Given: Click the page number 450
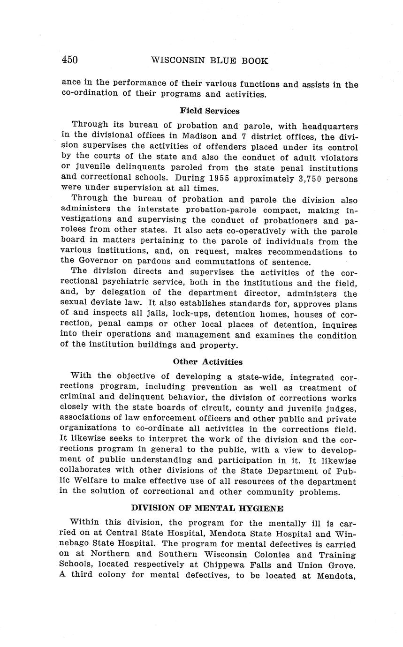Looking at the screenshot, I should pyautogui.click(x=69, y=60).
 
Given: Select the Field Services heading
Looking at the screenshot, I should pyautogui.click(x=209, y=111).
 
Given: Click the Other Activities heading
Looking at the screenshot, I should pyautogui.click(x=207, y=361).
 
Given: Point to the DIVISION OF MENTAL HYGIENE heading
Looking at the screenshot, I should pyautogui.click(x=207, y=508).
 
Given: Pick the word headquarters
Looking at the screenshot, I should pyautogui.click(x=330, y=127).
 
